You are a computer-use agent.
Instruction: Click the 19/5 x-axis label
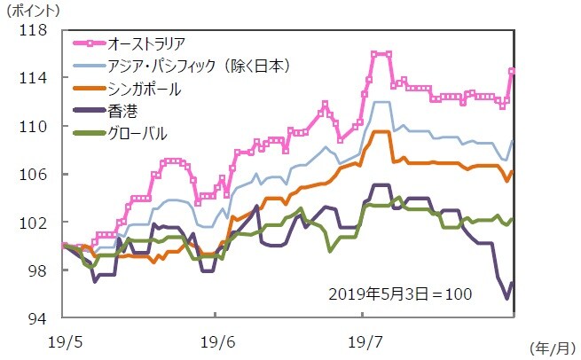pyautogui.click(x=65, y=340)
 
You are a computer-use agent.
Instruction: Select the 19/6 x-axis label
pyautogui.click(x=215, y=340)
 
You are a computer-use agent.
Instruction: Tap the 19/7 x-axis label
pyautogui.click(x=362, y=340)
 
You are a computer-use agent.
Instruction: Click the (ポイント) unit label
pyautogui.click(x=33, y=11)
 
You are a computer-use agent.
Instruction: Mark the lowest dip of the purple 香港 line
pyautogui.click(x=507, y=298)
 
